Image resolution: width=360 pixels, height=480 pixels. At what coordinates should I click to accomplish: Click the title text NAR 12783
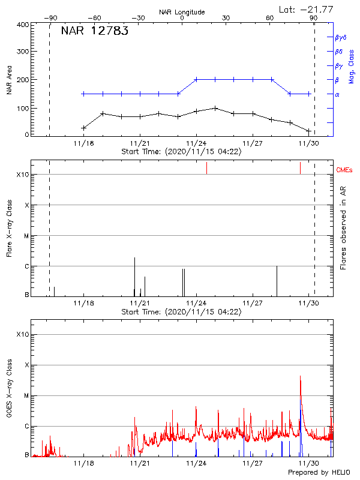(94, 32)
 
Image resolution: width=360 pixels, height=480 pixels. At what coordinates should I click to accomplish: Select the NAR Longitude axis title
(182, 12)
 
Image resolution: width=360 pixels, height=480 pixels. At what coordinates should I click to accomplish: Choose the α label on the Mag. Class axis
(337, 94)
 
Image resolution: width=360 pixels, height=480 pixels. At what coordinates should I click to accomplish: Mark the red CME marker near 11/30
(300, 167)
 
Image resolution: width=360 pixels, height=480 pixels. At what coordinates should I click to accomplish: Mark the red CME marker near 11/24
(206, 167)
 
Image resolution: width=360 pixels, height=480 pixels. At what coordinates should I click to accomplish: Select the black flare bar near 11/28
(277, 280)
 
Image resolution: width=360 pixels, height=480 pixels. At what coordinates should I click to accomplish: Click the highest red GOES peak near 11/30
(300, 377)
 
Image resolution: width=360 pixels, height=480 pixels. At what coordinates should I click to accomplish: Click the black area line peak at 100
(215, 108)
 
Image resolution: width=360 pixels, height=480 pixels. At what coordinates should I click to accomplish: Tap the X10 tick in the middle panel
(22, 175)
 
